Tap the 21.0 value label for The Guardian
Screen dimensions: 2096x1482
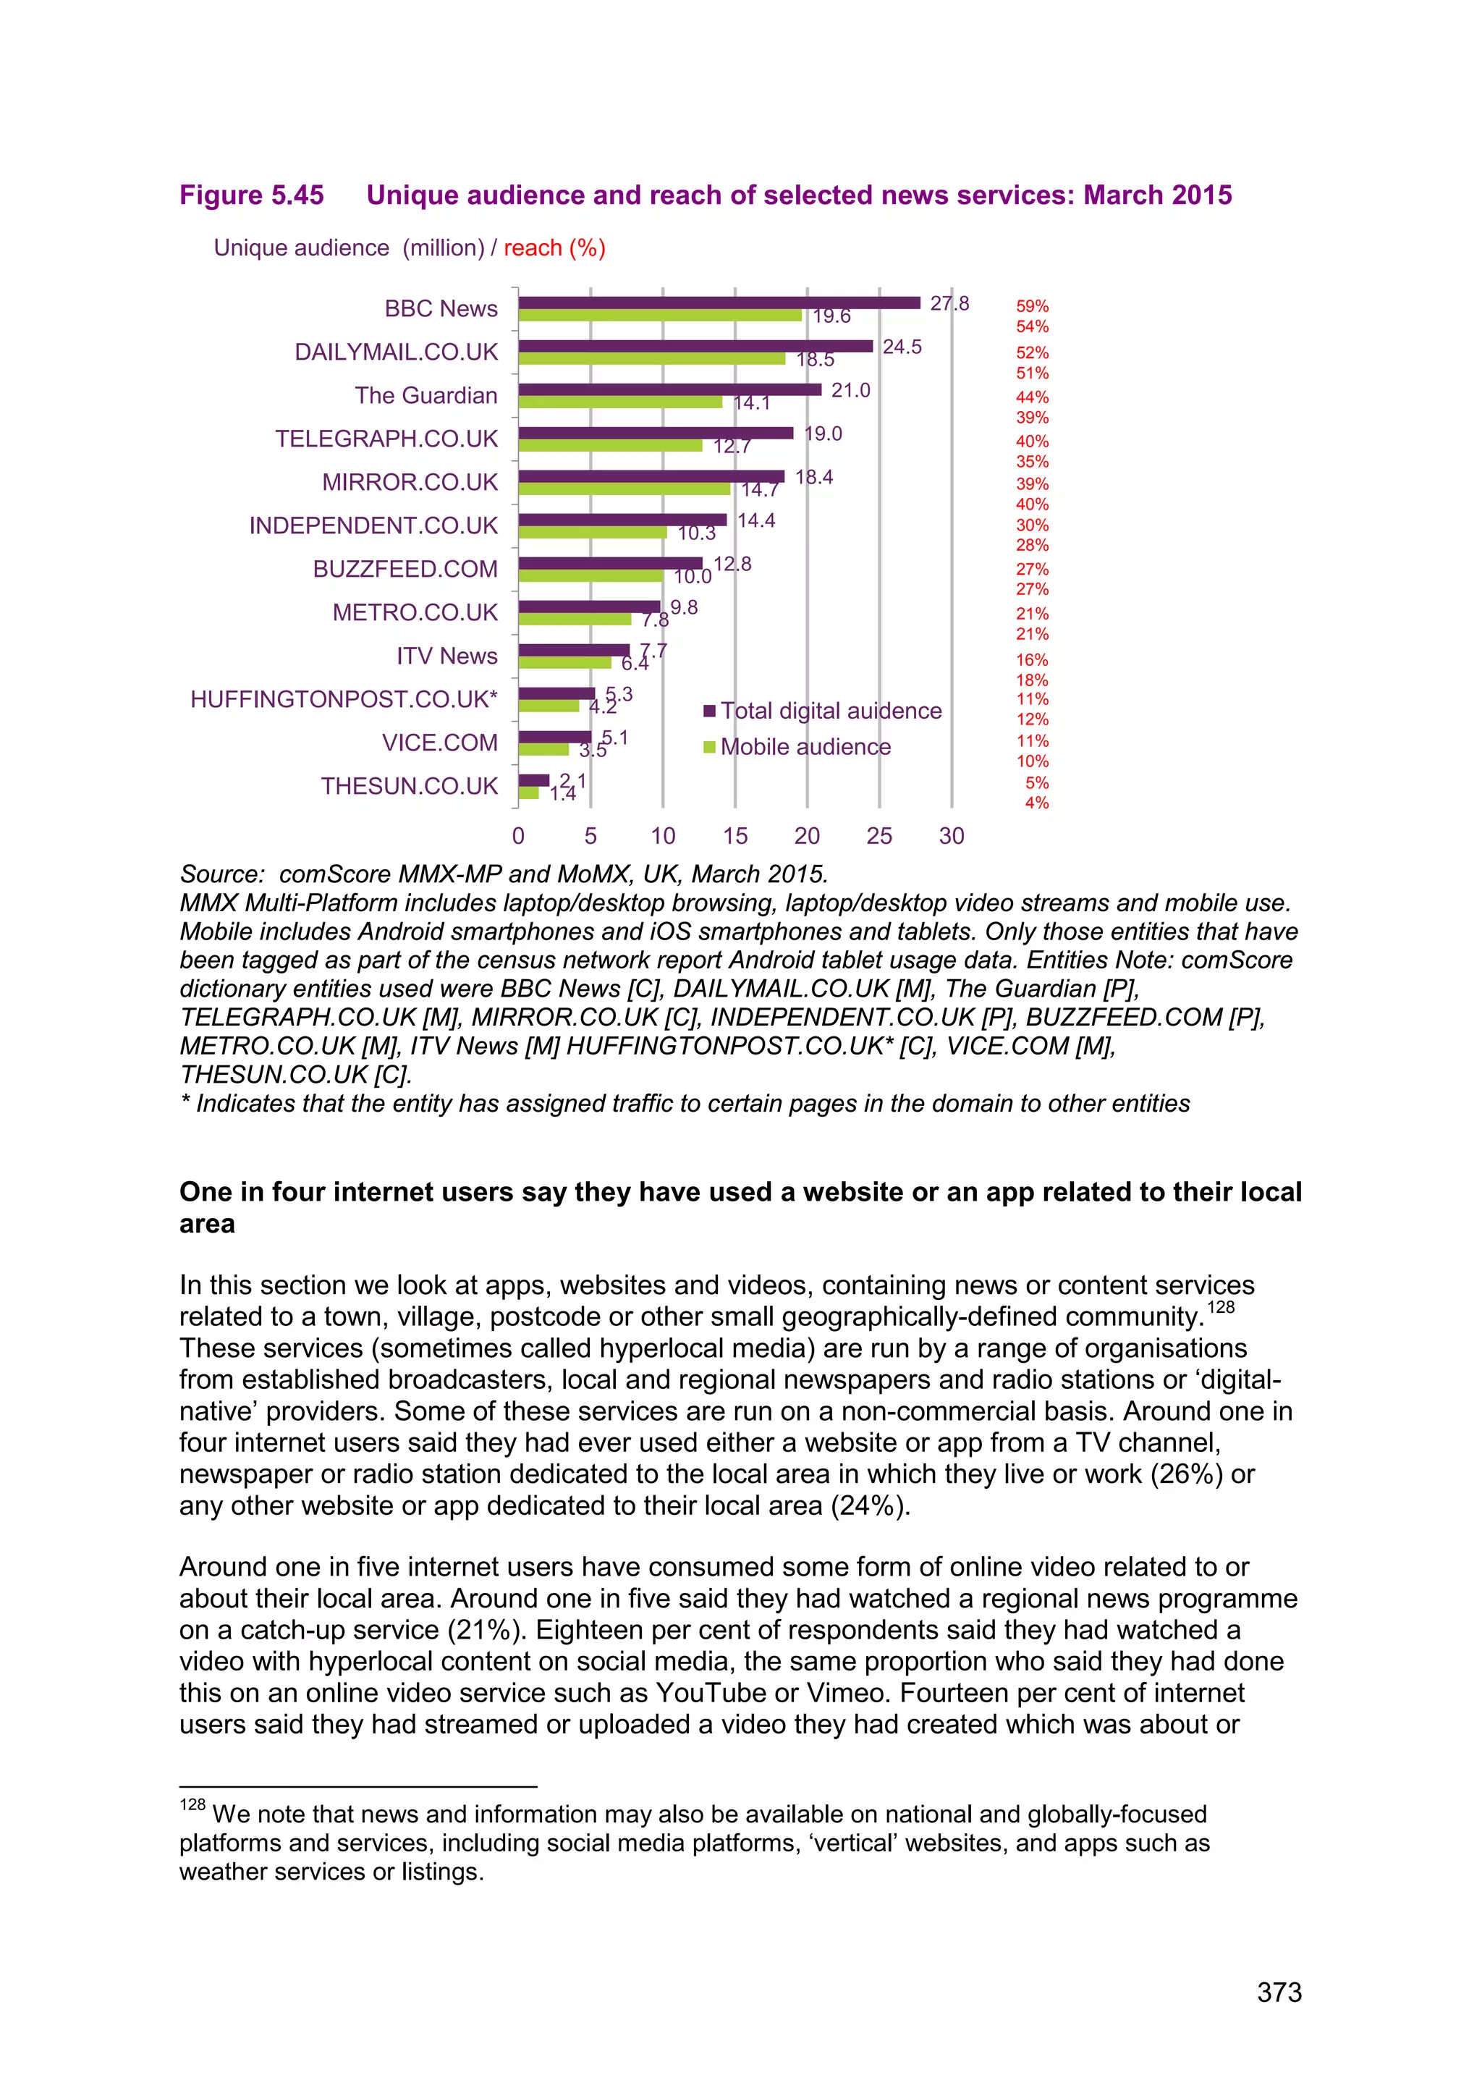pyautogui.click(x=850, y=391)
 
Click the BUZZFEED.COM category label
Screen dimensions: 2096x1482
pyautogui.click(x=405, y=569)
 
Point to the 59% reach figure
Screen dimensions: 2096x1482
pyautogui.click(x=1032, y=307)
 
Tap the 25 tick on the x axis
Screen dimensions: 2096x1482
pyautogui.click(x=878, y=836)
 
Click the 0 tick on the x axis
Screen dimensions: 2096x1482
pyautogui.click(x=518, y=836)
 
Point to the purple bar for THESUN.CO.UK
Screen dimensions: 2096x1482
pyautogui.click(x=534, y=780)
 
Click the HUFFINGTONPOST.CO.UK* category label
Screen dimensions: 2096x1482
pyautogui.click(x=344, y=699)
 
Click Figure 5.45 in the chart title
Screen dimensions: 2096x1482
pyautogui.click(x=252, y=195)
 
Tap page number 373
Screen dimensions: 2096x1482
pyautogui.click(x=1279, y=1993)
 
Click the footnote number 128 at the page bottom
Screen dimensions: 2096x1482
pyautogui.click(x=192, y=1805)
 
